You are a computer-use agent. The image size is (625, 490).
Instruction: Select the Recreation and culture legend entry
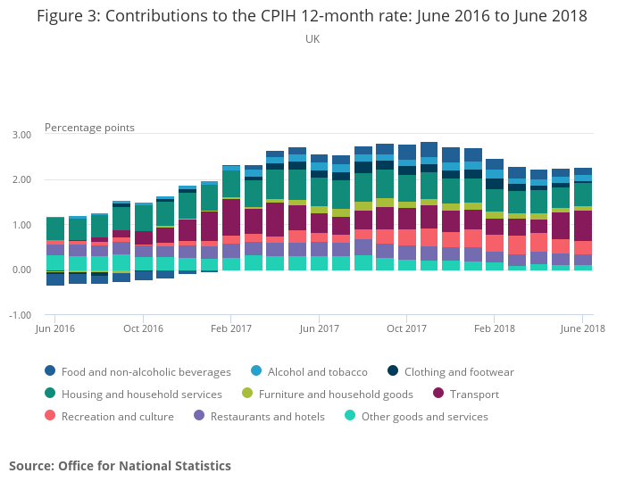click(x=116, y=417)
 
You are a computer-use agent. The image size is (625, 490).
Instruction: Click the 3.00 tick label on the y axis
click(x=21, y=135)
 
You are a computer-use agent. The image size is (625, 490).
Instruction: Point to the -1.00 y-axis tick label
click(x=20, y=315)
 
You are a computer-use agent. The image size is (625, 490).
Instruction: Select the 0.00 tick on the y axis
click(x=21, y=270)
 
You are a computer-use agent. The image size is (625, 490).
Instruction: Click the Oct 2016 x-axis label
click(x=143, y=329)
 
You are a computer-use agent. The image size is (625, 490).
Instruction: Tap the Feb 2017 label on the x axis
click(x=230, y=329)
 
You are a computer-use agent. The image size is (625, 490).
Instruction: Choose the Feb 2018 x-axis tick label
click(x=494, y=329)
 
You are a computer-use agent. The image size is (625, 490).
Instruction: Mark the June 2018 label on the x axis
click(x=582, y=329)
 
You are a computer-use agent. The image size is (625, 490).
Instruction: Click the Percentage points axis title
click(x=89, y=128)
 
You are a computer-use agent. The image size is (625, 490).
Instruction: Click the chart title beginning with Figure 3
click(x=312, y=17)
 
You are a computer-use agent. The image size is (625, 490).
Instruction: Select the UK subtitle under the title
click(x=312, y=39)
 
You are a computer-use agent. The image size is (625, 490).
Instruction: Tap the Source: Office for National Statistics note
click(x=120, y=466)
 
